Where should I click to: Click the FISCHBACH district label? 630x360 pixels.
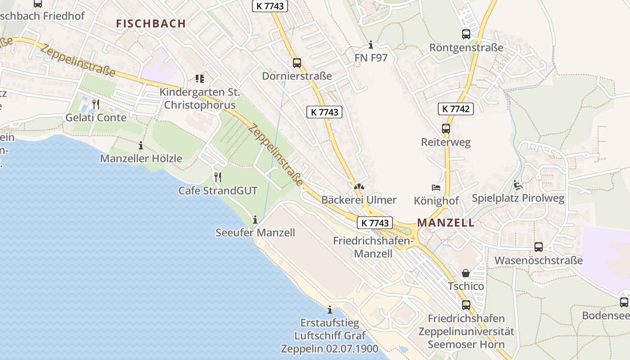coord(151,24)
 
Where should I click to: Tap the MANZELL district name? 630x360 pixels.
coord(445,222)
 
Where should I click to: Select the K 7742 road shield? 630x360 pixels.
coord(455,108)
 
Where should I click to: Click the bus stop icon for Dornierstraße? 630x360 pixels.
coord(297,63)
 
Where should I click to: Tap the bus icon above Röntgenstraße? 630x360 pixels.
coord(466,34)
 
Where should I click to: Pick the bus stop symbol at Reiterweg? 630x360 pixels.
coord(445,129)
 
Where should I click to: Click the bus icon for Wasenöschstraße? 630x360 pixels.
coord(538,247)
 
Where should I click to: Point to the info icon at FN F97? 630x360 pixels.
coord(371,45)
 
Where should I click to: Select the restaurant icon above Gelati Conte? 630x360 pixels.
coord(95,104)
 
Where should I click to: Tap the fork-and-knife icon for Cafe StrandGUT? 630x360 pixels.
coord(218,177)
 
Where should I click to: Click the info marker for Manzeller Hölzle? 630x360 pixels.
coord(141,145)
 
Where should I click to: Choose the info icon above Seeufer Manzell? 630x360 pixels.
coord(255,220)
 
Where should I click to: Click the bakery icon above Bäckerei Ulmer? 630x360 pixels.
coord(359,187)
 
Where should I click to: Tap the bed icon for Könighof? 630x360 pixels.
coord(436,187)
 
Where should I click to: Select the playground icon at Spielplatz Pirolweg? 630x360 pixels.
coord(517,185)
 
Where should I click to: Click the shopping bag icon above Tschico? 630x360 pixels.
coord(465,273)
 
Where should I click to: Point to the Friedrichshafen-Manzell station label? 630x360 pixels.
coord(373,247)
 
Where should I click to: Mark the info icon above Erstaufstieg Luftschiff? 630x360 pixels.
coord(330,310)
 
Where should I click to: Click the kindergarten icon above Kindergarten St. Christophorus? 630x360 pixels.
coord(199,79)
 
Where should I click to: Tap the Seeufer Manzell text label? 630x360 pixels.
coord(255,233)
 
